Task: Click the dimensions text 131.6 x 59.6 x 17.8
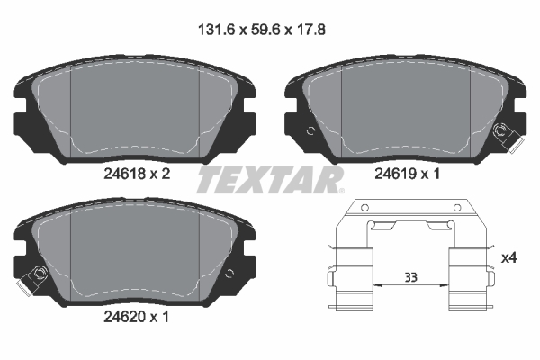(x=262, y=30)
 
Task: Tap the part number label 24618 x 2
(x=137, y=174)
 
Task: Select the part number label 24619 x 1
(x=408, y=174)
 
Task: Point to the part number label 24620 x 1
(x=137, y=317)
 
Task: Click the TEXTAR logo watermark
(x=270, y=180)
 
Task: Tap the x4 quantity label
(x=509, y=257)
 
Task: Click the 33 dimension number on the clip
(x=411, y=277)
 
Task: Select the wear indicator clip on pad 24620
(x=31, y=279)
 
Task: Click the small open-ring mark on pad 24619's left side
(x=310, y=130)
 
